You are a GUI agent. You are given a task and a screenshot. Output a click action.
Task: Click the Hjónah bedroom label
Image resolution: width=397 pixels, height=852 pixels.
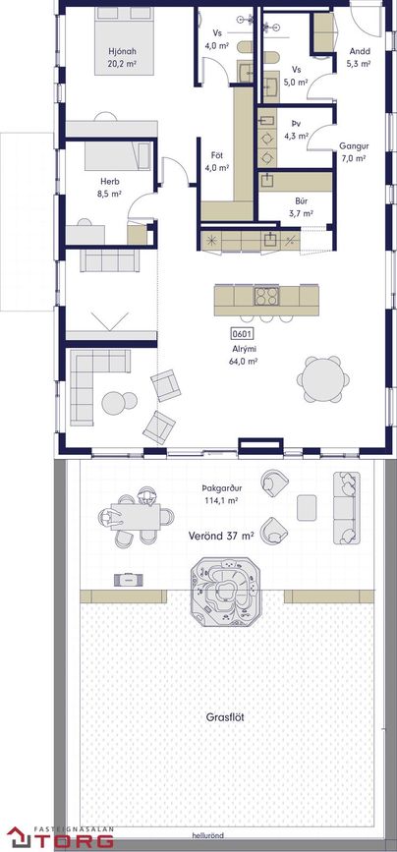point(122,52)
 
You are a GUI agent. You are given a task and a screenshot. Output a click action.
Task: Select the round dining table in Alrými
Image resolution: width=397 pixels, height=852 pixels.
point(322,379)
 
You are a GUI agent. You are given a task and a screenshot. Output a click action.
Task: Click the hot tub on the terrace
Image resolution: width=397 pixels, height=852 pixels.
point(226,592)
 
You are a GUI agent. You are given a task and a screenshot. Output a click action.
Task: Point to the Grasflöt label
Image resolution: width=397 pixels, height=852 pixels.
point(225,717)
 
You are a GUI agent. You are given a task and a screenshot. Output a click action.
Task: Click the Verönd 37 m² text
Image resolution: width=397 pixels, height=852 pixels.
point(221,536)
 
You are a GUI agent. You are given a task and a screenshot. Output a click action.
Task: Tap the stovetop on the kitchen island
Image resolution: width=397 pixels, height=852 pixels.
point(266,296)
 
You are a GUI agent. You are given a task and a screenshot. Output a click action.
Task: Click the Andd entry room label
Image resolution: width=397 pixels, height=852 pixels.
point(360,52)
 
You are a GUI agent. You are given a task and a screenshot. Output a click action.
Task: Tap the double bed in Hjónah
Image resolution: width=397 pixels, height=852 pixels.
point(125,39)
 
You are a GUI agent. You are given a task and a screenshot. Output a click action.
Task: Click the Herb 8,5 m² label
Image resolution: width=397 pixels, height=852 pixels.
point(110,187)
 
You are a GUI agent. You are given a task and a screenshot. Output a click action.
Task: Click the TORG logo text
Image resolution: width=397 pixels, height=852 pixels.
point(75,840)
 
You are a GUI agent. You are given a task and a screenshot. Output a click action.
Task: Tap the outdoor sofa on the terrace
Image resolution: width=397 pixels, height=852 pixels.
point(347,507)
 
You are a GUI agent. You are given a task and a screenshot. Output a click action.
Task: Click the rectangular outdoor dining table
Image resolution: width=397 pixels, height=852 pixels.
point(136,517)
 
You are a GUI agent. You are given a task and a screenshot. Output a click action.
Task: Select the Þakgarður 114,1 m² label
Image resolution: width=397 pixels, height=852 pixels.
point(220,493)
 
